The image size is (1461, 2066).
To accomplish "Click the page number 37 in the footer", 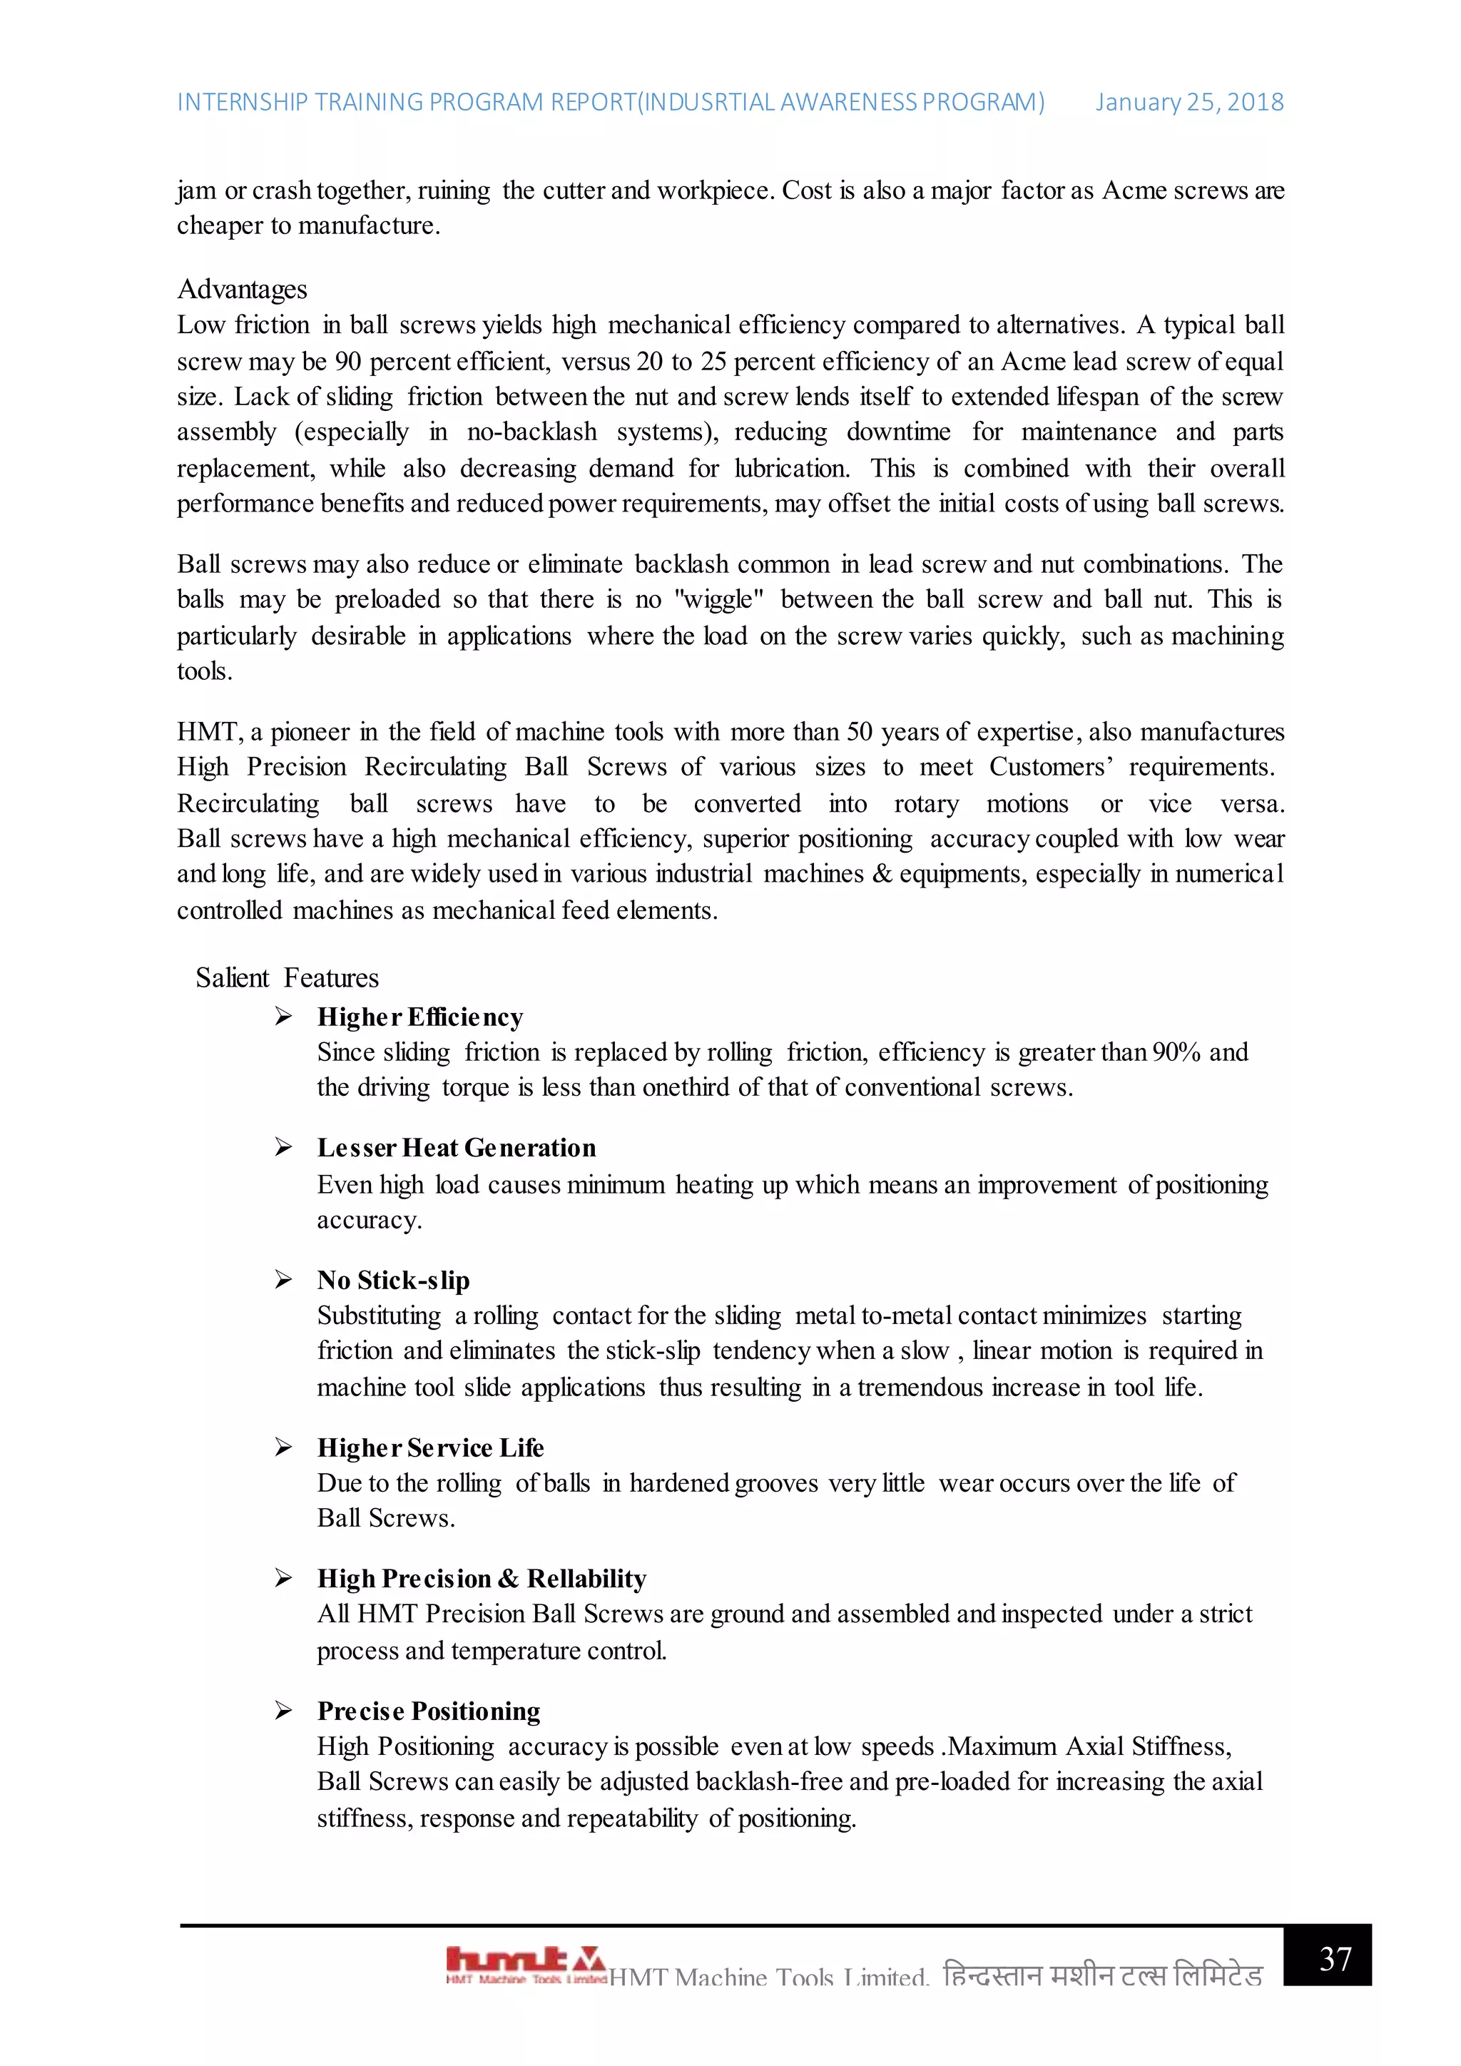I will click(x=1335, y=1958).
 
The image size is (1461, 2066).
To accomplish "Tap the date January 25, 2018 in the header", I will click(x=1189, y=103).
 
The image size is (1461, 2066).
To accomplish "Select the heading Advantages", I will click(x=242, y=289).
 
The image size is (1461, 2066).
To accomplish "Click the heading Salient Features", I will click(x=287, y=978).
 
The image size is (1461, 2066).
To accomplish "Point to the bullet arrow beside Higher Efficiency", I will click(x=283, y=1017).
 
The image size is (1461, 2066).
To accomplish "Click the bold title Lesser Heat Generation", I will click(x=456, y=1148).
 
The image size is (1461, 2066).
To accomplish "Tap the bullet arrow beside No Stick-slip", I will click(x=283, y=1280).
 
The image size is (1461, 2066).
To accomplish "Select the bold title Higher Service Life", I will click(x=430, y=1447).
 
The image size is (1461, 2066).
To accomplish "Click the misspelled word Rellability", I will click(x=586, y=1579).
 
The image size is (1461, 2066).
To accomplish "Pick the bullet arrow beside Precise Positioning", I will click(x=283, y=1711).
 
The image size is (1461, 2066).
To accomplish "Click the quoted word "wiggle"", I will click(x=719, y=600).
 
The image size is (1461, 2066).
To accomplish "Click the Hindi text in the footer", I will click(x=1102, y=1976).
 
